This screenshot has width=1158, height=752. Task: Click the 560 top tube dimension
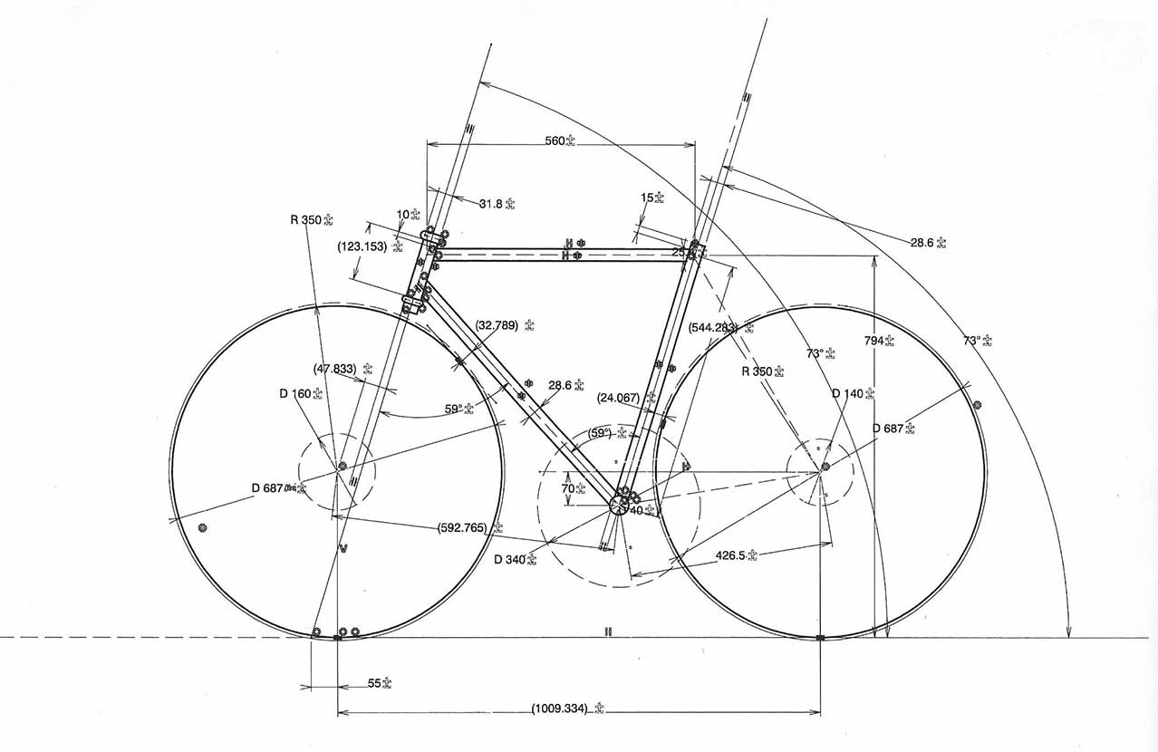point(556,140)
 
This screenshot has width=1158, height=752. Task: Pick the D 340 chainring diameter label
point(510,558)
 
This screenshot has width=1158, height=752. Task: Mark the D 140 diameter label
point(848,393)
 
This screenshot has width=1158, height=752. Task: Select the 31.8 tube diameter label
point(491,204)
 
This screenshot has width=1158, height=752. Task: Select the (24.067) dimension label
point(621,397)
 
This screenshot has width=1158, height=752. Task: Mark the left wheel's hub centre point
point(343,467)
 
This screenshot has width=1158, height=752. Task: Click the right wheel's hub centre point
point(825,468)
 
